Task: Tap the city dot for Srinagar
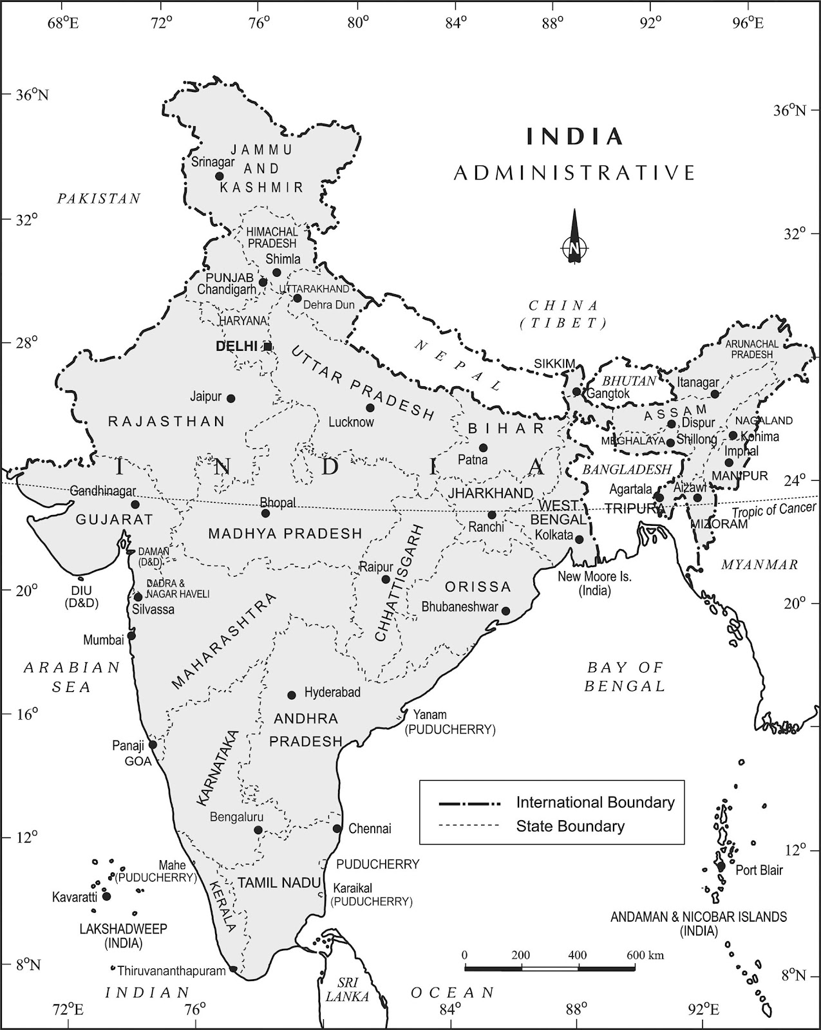[219, 176]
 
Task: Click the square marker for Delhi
[268, 347]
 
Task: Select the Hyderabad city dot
[292, 695]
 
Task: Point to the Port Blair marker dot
[721, 866]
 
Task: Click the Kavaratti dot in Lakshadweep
[107, 896]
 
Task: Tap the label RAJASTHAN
[166, 422]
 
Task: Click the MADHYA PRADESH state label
[285, 534]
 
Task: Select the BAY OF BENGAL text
[625, 677]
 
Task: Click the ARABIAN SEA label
[72, 677]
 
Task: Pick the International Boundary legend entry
[595, 803]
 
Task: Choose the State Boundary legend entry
[570, 826]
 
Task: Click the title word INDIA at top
[575, 136]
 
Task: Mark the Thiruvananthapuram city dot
[233, 969]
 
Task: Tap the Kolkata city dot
[579, 539]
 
